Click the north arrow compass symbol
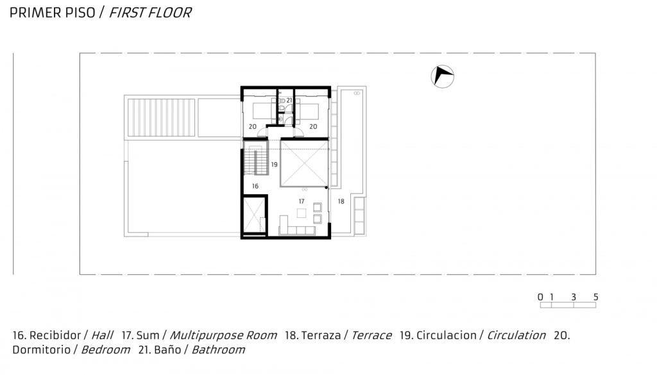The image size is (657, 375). tap(443, 76)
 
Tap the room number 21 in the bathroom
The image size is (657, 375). tap(289, 101)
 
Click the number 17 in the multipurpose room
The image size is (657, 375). tap(302, 201)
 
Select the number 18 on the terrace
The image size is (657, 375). tap(341, 201)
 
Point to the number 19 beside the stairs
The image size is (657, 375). tap(274, 165)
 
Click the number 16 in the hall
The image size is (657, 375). tap(255, 187)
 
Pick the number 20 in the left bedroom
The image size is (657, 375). tap(252, 126)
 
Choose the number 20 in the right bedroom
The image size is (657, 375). tap(313, 126)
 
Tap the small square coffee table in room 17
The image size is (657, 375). tap(302, 213)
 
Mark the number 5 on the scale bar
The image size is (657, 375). tap(596, 297)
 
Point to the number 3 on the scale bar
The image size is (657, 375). tap(574, 297)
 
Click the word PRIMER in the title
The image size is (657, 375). tap(36, 13)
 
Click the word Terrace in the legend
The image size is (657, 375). tap(371, 335)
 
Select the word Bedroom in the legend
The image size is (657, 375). tap(105, 349)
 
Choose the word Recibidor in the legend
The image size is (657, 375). tap(55, 335)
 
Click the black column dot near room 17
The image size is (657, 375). tap(327, 188)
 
